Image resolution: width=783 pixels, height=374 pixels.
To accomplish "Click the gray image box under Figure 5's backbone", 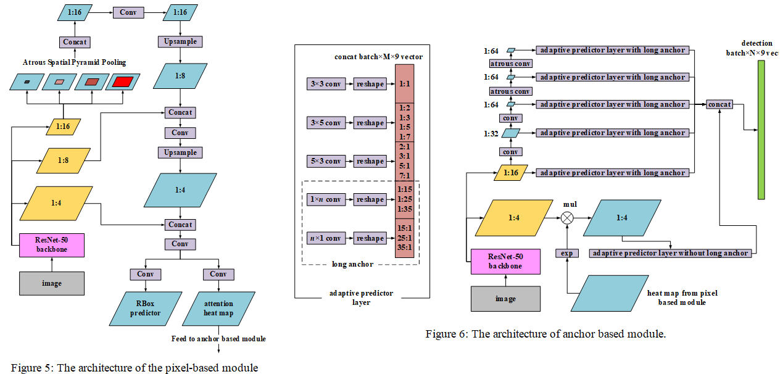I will [x=52, y=283].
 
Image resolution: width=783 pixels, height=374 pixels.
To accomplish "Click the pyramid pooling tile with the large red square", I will [x=122, y=81].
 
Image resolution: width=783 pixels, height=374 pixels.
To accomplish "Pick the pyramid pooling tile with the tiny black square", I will [x=27, y=81].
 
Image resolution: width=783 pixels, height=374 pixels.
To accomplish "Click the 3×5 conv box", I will [x=325, y=123].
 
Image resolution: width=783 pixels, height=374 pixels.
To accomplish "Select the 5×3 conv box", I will [x=325, y=161].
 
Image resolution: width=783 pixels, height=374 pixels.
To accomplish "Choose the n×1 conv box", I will [x=325, y=238].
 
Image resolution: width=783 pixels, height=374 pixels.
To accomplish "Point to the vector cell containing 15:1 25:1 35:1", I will [x=404, y=238].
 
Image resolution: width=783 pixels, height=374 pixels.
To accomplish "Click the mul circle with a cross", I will [x=566, y=217].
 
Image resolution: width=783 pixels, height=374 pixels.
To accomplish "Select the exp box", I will [x=566, y=253].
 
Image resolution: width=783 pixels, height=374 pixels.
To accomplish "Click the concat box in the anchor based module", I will [x=719, y=104].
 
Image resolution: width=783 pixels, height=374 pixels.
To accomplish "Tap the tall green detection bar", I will [x=761, y=130].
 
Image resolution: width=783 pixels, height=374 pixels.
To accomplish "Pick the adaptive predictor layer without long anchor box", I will [x=671, y=253].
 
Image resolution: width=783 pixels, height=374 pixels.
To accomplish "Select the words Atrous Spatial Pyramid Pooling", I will [x=74, y=62].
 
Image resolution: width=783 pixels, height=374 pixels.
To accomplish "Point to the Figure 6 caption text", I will [x=545, y=334].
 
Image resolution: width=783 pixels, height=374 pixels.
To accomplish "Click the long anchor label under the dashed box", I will [x=352, y=264].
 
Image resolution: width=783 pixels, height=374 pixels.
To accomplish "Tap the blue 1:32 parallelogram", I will [x=510, y=133].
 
